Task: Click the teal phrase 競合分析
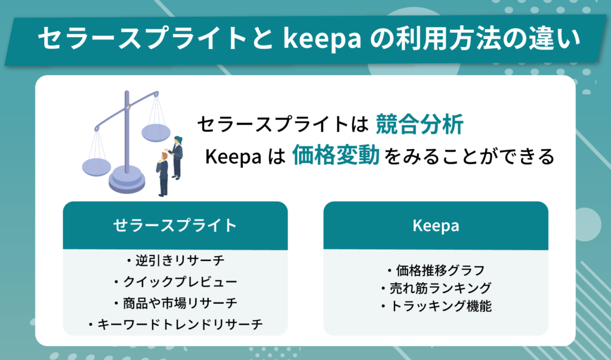tap(419, 125)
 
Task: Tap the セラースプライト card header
tap(175, 225)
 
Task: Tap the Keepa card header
tap(436, 225)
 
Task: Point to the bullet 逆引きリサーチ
tap(175, 260)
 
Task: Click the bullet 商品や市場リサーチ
tap(175, 303)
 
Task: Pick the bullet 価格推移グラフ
tap(436, 269)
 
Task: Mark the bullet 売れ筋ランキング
tap(436, 288)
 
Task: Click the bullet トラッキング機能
tap(436, 307)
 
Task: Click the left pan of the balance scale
tap(96, 165)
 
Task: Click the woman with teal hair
tap(177, 156)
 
